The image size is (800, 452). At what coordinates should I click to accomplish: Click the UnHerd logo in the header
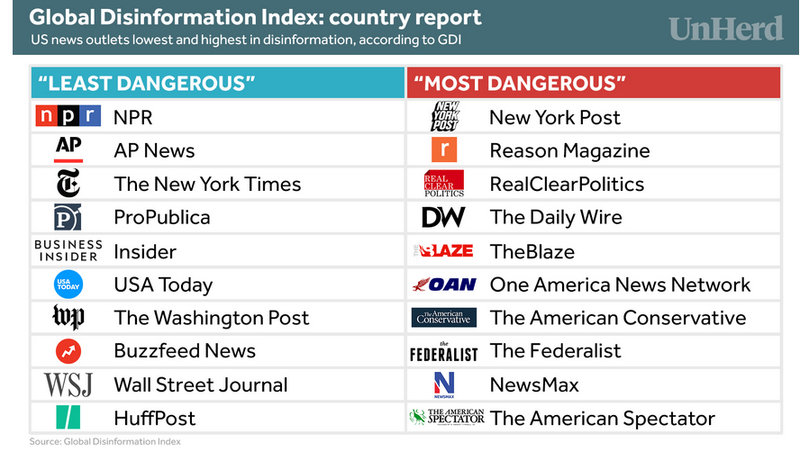725,28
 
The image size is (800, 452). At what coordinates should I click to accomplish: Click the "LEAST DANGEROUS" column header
144,84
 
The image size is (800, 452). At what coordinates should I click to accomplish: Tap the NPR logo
68,116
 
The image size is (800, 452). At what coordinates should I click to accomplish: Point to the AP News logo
68,149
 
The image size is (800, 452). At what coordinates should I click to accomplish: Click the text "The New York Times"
207,184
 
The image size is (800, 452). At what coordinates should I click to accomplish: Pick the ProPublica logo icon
68,217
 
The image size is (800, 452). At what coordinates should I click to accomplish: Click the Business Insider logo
68,250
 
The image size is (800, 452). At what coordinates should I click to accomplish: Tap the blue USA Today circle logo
68,285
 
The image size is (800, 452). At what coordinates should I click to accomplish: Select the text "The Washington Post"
211,318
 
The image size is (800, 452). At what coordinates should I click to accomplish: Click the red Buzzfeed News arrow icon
68,351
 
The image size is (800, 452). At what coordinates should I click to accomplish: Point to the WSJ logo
68,384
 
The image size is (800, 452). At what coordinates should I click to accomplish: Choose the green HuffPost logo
68,418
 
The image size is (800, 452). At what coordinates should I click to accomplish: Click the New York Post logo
444,116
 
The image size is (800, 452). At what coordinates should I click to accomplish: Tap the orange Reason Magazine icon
444,149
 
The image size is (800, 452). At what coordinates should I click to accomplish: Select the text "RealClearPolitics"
567,184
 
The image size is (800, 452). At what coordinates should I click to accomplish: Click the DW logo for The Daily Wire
443,217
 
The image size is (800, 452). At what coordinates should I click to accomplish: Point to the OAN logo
444,285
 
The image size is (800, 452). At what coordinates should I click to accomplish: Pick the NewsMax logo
444,384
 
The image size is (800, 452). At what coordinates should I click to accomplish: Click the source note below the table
105,441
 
